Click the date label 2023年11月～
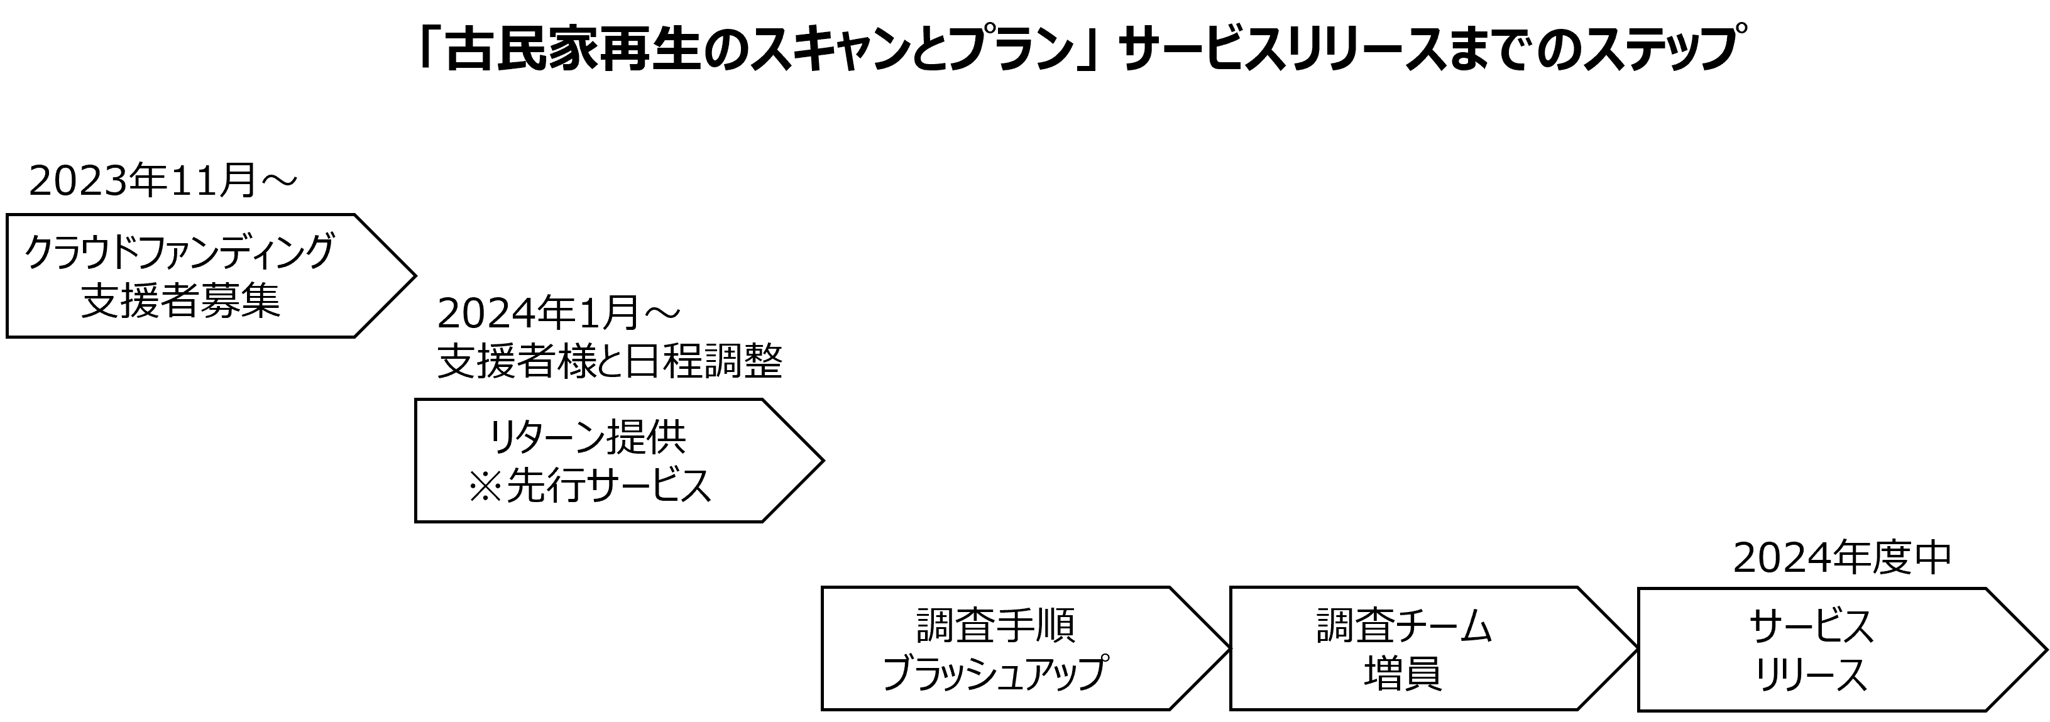coord(163,182)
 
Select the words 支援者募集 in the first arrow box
coord(180,302)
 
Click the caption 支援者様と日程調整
coord(610,362)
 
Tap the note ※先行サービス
coord(589,486)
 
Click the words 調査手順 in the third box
coord(995,626)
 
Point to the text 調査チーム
coord(1404,626)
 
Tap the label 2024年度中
coord(1842,558)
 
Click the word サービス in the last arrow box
coord(1811,626)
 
